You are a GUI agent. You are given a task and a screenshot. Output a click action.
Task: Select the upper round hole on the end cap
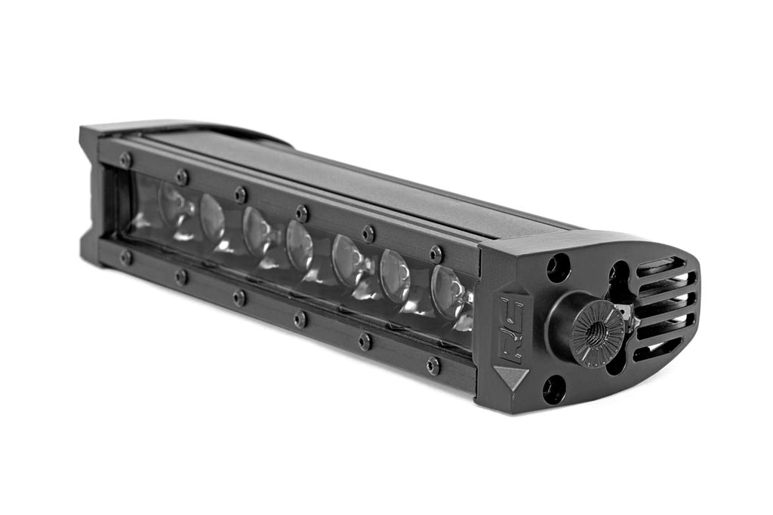coord(559,268)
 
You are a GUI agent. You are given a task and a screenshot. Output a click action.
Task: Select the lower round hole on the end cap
coord(553,389)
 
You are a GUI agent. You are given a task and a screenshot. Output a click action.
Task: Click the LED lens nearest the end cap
coord(447,291)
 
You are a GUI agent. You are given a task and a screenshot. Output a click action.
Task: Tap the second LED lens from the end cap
coord(395,275)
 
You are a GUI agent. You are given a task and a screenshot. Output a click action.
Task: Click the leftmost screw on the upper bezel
coord(125,160)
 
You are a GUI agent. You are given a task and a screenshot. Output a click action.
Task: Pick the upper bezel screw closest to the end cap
coord(436,253)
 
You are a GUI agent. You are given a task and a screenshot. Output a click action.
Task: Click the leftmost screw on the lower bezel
coord(126,257)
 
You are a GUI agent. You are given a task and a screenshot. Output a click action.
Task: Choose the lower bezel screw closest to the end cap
coord(433,366)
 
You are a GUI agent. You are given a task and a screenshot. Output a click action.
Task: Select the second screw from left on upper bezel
coord(181,176)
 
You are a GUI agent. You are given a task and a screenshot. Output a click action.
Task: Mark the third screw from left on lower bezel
coord(239,297)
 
